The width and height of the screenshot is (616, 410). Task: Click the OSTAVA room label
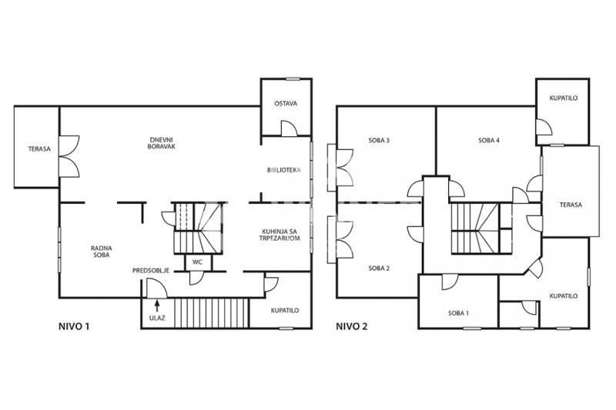click(286, 104)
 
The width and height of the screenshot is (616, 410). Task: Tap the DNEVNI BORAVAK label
click(161, 143)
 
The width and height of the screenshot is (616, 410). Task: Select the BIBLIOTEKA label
click(283, 170)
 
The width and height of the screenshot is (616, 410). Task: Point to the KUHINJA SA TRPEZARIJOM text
click(280, 235)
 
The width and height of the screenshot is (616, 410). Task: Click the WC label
click(197, 262)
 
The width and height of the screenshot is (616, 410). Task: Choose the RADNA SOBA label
click(102, 252)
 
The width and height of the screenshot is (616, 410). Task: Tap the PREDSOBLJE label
click(151, 271)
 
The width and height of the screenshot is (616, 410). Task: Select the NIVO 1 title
click(74, 326)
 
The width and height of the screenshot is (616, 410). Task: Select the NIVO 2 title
click(352, 326)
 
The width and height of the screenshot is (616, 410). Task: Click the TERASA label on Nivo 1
click(39, 149)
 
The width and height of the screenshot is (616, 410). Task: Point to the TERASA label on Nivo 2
click(571, 205)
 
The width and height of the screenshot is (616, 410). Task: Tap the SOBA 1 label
click(458, 313)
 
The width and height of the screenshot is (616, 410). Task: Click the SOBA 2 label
click(379, 268)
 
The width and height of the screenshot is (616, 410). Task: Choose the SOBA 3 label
click(379, 140)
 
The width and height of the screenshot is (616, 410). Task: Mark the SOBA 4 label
click(489, 140)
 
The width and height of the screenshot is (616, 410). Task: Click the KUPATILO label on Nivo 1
click(285, 310)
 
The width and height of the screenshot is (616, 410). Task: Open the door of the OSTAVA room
click(290, 128)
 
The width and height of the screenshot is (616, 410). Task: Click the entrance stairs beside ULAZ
click(212, 313)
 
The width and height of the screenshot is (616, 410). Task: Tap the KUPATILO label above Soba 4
click(564, 98)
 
